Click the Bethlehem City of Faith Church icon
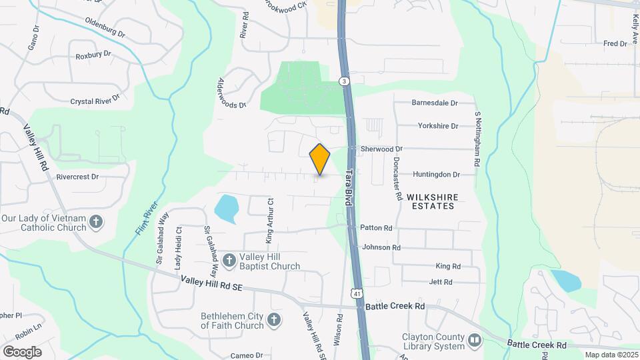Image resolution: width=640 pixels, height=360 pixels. coord(273,321)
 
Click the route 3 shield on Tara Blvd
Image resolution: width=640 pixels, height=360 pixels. coord(344,81)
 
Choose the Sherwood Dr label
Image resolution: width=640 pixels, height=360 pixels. coord(382,149)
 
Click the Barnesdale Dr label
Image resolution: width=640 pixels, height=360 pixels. coord(435,103)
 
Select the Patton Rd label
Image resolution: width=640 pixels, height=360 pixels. coord(376,227)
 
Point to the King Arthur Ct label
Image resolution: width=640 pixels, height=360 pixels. coord(271,220)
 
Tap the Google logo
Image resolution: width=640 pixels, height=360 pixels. coord(22,351)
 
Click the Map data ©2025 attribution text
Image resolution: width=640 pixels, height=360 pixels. coord(611,355)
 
